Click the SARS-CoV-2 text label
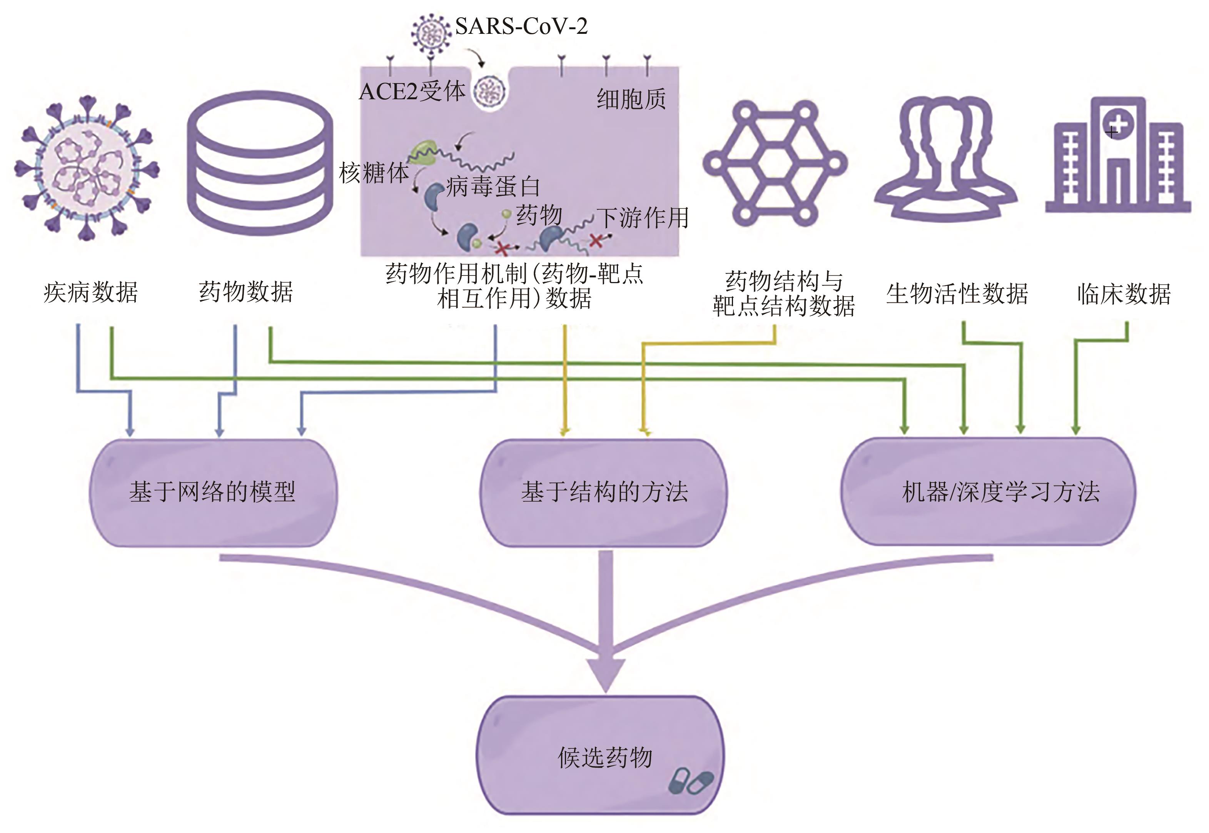[x=521, y=26]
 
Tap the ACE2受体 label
[x=412, y=92]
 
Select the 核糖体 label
[x=374, y=173]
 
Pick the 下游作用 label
[x=642, y=218]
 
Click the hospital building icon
[x=1117, y=157]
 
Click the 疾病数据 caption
[x=91, y=292]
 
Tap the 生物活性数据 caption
[x=957, y=293]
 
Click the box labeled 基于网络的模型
[x=213, y=492]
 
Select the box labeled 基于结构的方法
[x=604, y=492]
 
